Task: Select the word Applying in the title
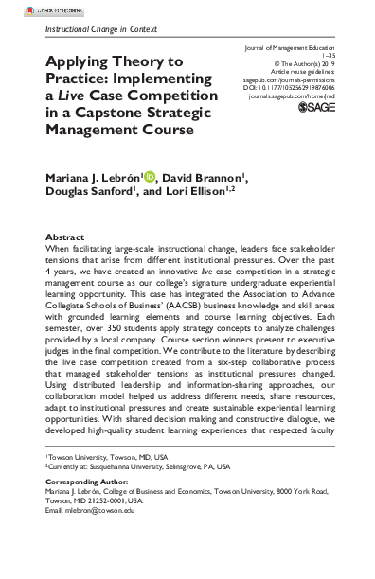[x=77, y=61]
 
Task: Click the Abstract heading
[x=65, y=237]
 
